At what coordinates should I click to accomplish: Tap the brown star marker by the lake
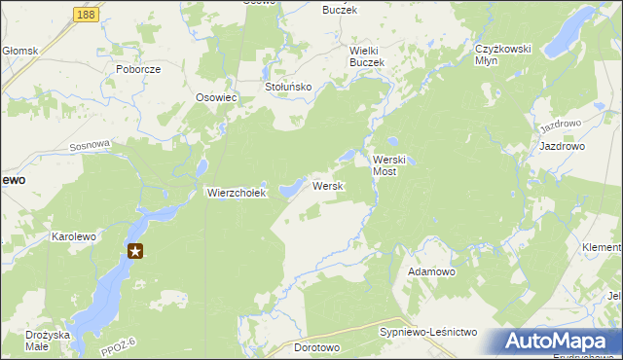[136, 251]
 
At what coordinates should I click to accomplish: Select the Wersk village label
[326, 186]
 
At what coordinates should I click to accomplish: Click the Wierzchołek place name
[236, 193]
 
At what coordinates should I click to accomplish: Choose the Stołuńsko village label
[288, 87]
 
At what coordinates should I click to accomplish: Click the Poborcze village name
[137, 70]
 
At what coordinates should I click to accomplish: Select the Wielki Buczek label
[368, 55]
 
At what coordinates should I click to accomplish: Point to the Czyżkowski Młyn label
[500, 54]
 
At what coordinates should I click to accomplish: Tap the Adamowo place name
[431, 271]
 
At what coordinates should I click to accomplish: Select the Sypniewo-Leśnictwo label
[427, 333]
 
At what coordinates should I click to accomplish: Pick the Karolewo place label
[76, 236]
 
